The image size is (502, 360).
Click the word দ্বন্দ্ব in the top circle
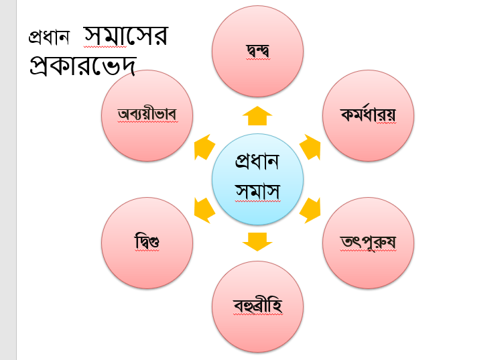(258, 51)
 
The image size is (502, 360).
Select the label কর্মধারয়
(368, 115)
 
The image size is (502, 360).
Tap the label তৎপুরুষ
(368, 242)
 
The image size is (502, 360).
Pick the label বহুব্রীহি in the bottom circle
(258, 306)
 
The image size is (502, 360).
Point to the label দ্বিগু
(147, 241)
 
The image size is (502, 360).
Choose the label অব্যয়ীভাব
(147, 114)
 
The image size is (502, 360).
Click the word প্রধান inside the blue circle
(257, 162)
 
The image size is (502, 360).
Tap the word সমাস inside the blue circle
(258, 192)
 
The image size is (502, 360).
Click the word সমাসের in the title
(126, 36)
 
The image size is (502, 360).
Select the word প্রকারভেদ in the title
(83, 66)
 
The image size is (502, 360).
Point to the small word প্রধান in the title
(49, 37)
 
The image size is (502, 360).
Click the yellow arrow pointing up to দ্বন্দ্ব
(257, 115)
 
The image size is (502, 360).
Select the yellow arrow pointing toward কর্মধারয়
(310, 147)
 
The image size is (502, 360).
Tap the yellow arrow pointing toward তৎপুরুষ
(310, 210)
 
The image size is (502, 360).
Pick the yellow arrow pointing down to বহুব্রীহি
(257, 242)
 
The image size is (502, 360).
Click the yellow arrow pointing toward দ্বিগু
(204, 210)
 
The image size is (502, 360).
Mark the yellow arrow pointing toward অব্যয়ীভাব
(204, 147)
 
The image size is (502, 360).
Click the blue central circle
(258, 179)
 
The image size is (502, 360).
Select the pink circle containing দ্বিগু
(147, 243)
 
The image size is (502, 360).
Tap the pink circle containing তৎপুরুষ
(368, 243)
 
